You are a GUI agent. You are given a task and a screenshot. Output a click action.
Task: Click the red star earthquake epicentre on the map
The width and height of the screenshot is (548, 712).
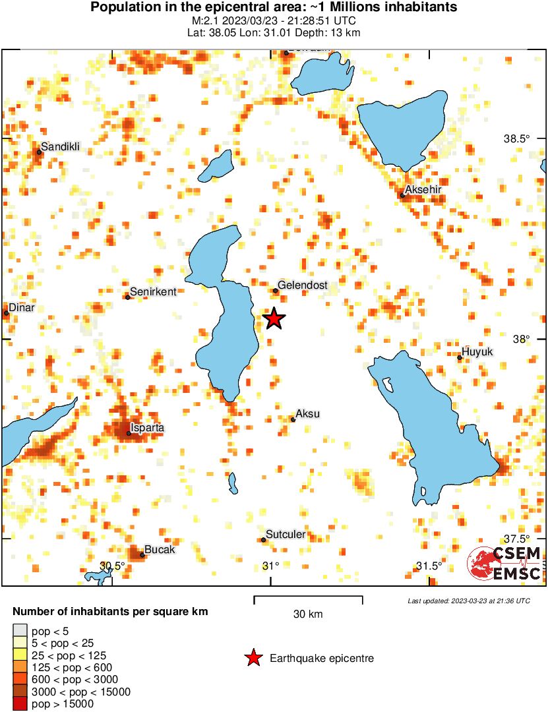(274, 318)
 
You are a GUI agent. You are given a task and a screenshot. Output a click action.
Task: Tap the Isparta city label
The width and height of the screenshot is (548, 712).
(148, 428)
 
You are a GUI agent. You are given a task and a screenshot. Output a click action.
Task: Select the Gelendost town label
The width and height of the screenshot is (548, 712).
(303, 285)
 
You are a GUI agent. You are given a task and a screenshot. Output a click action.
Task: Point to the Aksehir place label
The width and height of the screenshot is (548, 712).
(423, 190)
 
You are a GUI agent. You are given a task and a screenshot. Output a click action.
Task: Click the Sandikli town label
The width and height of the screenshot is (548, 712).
(60, 146)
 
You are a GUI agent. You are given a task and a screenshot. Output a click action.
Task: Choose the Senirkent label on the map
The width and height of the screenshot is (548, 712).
(153, 291)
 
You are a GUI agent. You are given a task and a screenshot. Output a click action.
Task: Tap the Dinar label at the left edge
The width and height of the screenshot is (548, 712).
(21, 308)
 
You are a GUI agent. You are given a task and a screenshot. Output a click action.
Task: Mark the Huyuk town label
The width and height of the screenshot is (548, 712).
(477, 352)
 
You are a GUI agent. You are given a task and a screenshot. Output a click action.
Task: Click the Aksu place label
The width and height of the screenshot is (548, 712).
(308, 414)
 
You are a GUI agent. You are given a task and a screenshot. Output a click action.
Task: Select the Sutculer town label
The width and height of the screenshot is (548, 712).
(286, 535)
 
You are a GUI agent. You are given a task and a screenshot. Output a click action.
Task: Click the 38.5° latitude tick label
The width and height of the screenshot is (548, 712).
(516, 139)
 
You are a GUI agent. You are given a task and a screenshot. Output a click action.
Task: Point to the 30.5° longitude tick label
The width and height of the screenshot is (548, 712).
(112, 566)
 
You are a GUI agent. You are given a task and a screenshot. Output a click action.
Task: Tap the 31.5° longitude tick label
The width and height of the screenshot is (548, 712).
(429, 566)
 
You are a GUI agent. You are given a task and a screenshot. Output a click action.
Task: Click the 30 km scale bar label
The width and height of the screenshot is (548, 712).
(308, 614)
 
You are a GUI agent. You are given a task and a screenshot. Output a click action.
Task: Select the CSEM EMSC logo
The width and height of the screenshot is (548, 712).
(505, 564)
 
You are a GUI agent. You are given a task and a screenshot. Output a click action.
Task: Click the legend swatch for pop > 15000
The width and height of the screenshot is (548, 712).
(20, 704)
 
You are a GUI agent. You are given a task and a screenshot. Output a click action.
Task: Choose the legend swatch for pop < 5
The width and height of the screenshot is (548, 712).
(20, 632)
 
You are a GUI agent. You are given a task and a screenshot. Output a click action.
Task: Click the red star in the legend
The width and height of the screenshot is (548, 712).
(253, 658)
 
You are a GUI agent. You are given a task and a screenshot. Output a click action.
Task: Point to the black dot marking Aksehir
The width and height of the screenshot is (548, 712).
(402, 195)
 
